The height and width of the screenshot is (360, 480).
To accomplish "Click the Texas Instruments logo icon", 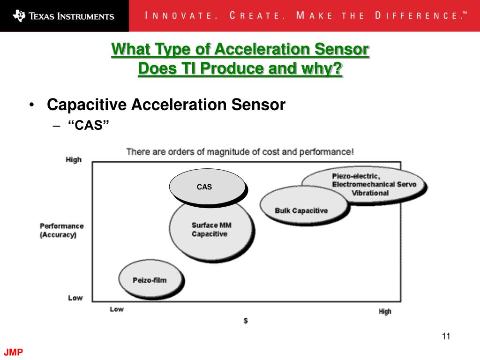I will click(19, 15).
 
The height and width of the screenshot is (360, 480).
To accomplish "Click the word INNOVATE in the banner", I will click(180, 15).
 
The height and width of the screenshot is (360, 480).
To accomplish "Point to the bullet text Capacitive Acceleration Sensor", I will click(166, 105).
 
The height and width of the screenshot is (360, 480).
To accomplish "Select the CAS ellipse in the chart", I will click(207, 187).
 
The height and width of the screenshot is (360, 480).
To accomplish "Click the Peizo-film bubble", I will click(150, 280).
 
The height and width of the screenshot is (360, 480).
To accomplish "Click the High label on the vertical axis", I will click(74, 159).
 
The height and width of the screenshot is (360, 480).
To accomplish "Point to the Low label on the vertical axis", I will click(75, 298).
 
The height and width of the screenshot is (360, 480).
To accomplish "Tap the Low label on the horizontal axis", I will click(117, 309).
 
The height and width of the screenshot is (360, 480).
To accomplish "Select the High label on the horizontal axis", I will click(385, 311).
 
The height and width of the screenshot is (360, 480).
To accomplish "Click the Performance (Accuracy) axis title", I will click(61, 230).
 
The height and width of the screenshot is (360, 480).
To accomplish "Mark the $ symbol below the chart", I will click(246, 321).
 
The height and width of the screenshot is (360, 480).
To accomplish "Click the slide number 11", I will click(446, 336).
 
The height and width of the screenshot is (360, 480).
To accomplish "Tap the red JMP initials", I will click(14, 352).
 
